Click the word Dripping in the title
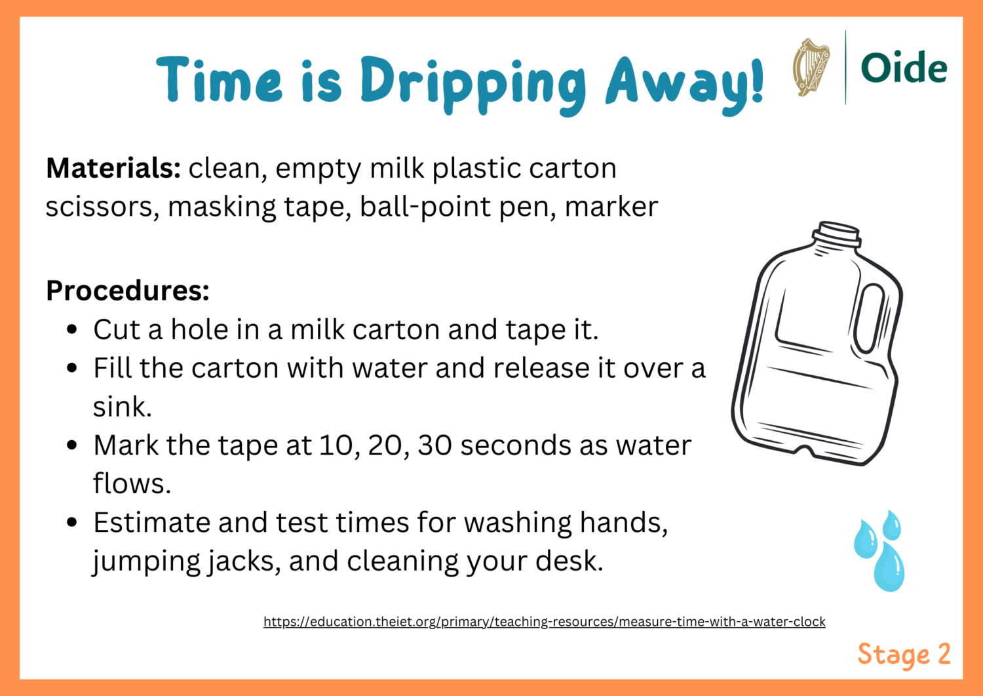pos(472,83)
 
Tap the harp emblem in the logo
pos(811,68)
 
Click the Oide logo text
pos(904,68)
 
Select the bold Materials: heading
pos(113,169)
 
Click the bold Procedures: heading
pos(128,291)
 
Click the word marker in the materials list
pos(611,207)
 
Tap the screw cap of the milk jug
pos(837,234)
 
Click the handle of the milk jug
pos(871,318)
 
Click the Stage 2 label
pos(904,655)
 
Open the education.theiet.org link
pos(544,622)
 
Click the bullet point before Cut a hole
pos(73,329)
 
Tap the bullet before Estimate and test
pos(73,523)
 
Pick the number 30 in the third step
pos(434,445)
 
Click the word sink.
pos(122,407)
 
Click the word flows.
pos(132,484)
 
